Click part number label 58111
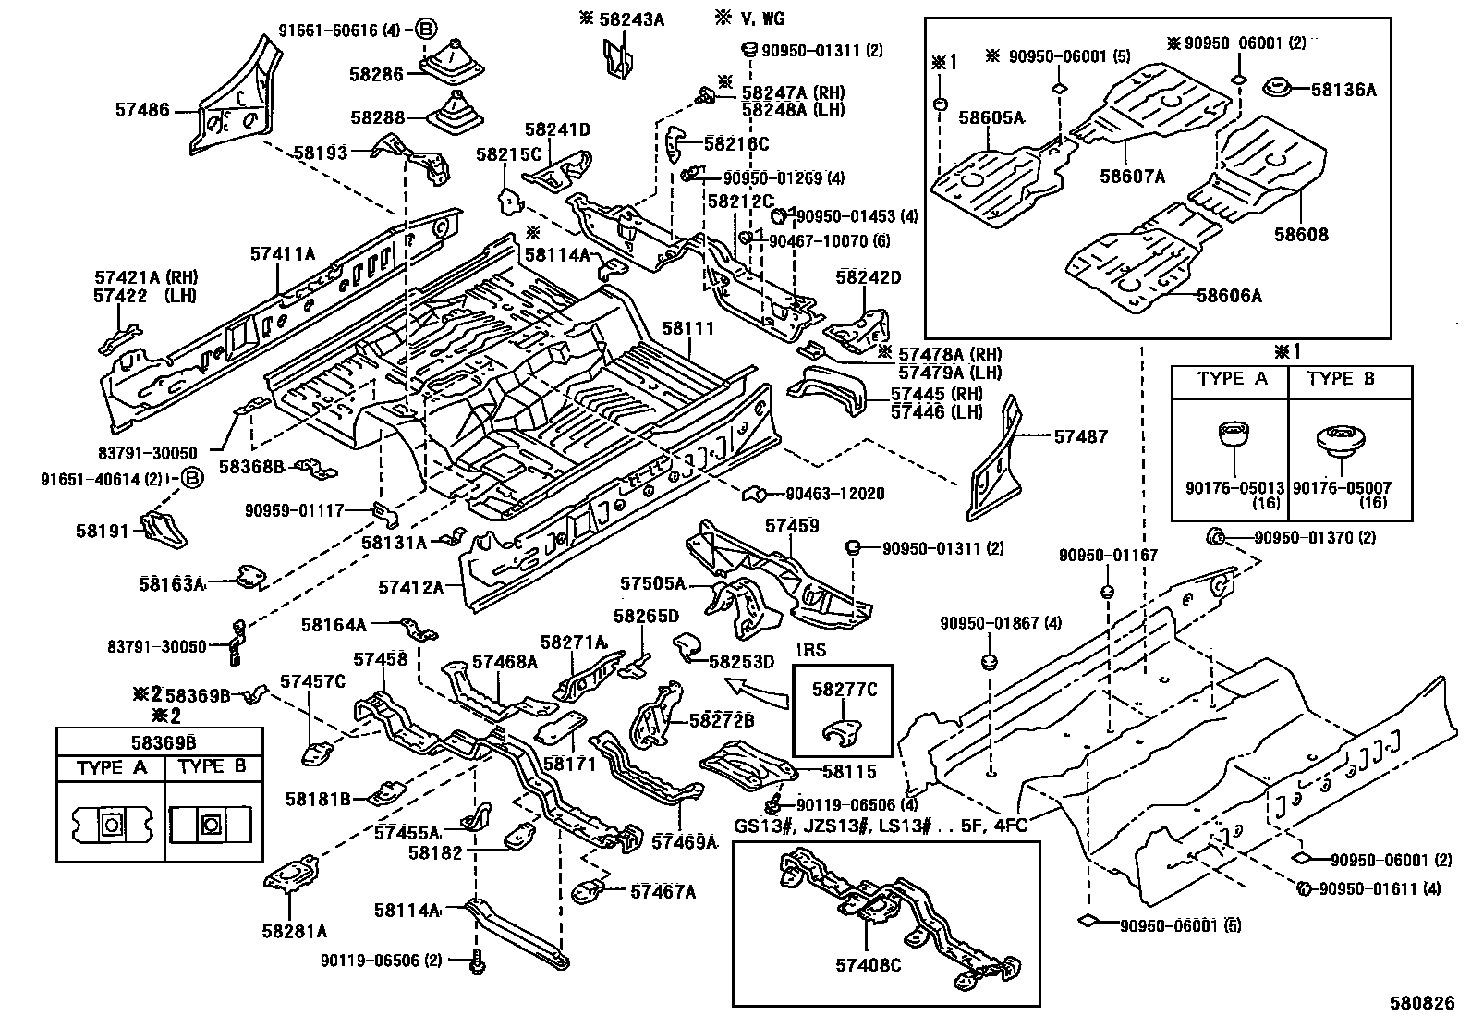(x=687, y=328)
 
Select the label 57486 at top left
(x=142, y=110)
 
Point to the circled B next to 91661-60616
(x=425, y=30)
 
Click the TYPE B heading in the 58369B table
(x=213, y=767)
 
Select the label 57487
(x=1080, y=436)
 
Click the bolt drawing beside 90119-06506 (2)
(x=480, y=962)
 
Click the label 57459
(x=792, y=526)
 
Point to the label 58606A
(x=1228, y=296)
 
